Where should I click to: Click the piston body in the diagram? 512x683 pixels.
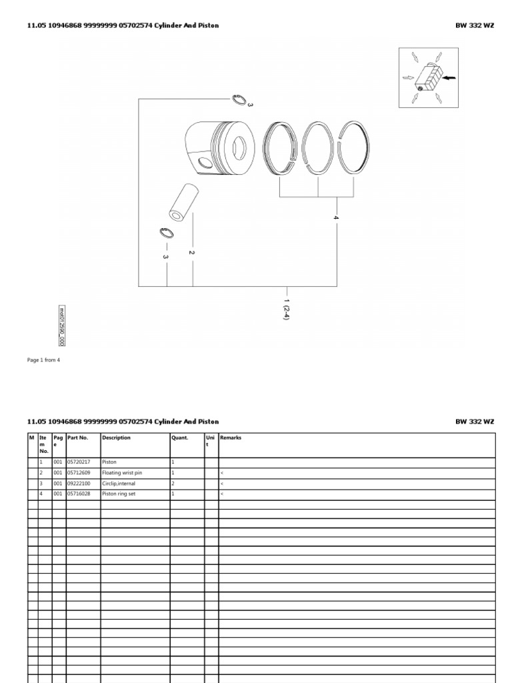coord(220,147)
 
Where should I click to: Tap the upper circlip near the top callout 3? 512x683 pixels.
coord(239,100)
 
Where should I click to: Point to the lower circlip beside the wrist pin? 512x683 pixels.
coord(167,232)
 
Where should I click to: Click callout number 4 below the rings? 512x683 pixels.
coord(336,218)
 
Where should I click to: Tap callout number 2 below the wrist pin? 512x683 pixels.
coord(191,252)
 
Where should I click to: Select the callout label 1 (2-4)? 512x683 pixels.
coord(287,309)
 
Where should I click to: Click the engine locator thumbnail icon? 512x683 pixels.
coord(428,77)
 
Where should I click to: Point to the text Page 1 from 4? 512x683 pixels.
coord(43,360)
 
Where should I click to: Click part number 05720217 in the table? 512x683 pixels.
coord(80,462)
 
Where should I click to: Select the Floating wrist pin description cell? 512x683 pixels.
coord(122,472)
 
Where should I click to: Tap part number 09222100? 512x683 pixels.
coord(80,483)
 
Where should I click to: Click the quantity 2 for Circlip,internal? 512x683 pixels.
coord(173,483)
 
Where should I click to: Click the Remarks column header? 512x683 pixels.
coord(231,438)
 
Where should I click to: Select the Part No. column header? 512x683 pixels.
coord(78,438)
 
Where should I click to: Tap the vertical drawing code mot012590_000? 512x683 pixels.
coord(62,325)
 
